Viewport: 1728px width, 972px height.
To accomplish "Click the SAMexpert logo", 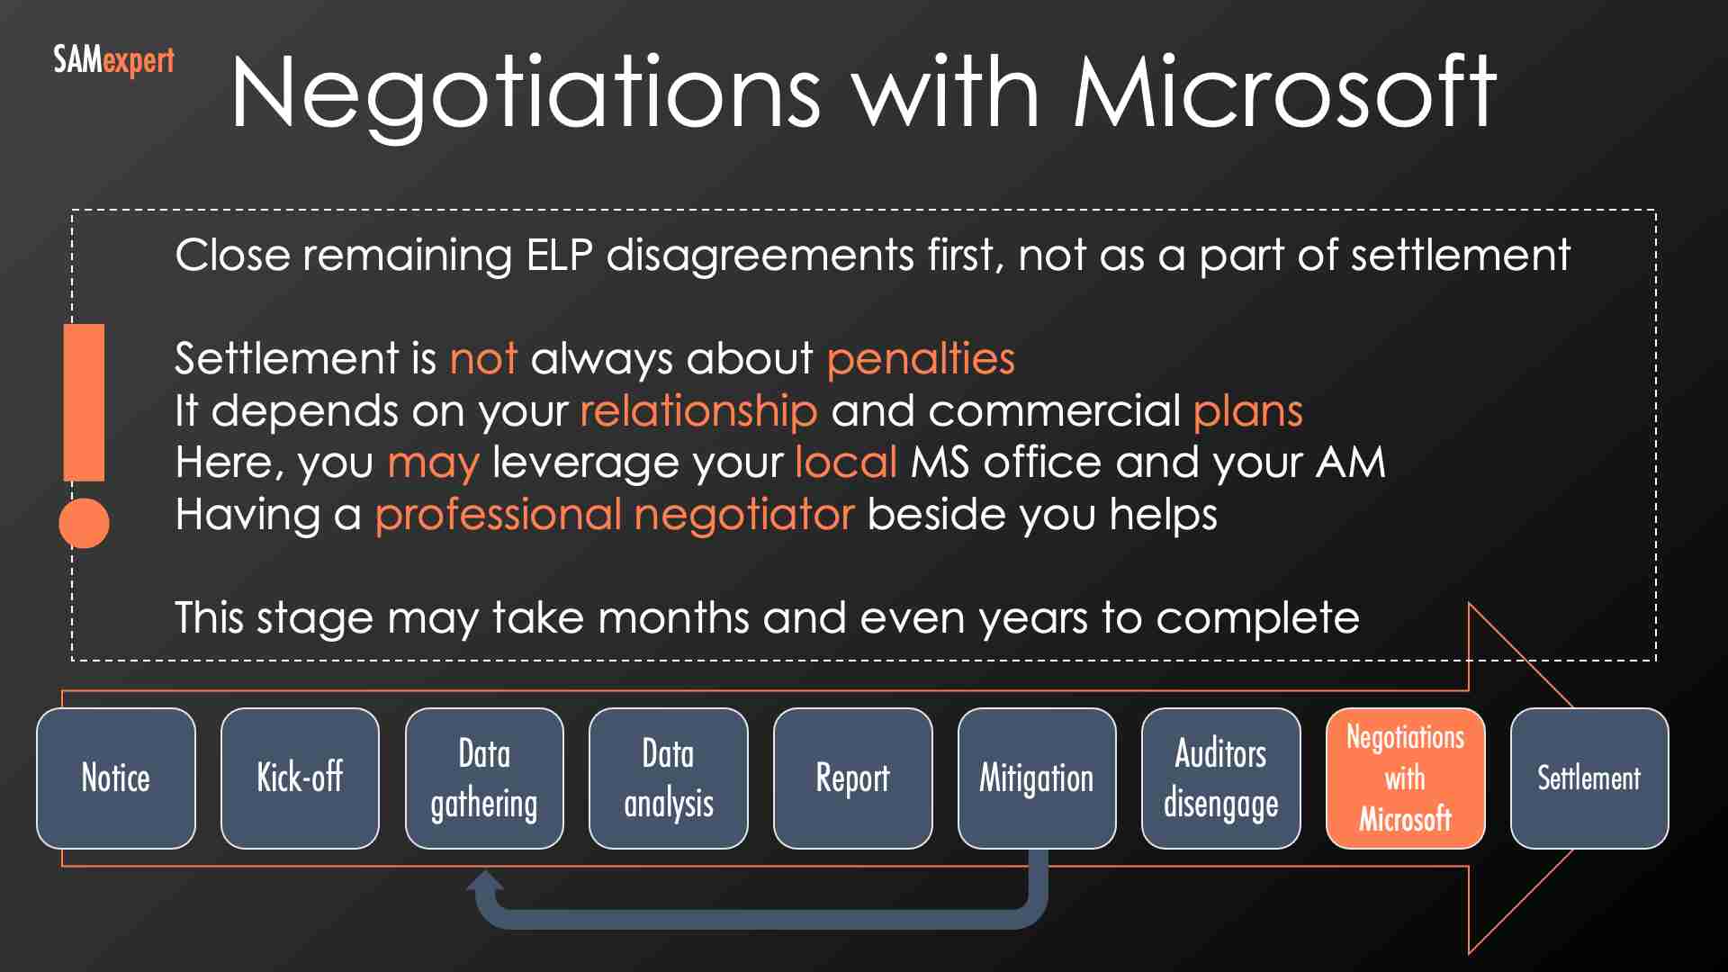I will tap(113, 61).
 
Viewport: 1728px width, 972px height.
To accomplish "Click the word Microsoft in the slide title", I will tap(1284, 92).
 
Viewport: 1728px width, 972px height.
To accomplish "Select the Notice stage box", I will tap(116, 778).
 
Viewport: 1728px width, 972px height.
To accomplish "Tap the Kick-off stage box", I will tap(300, 778).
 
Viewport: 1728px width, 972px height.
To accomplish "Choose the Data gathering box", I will tap(484, 778).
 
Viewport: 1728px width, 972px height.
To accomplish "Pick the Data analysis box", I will tap(669, 778).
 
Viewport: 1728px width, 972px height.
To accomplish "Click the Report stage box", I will tap(852, 778).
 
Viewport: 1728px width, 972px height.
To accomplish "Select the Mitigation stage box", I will tap(1037, 778).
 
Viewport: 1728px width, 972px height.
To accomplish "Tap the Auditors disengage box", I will tap(1220, 778).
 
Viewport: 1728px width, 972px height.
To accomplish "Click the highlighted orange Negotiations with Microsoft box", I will tap(1405, 778).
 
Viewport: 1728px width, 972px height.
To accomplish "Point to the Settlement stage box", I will tap(1589, 778).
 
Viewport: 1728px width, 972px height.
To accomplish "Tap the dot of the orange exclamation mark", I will tap(84, 523).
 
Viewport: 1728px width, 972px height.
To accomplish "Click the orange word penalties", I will tap(921, 358).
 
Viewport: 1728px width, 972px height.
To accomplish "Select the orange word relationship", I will tap(698, 410).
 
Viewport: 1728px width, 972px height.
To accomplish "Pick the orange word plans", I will tap(1247, 410).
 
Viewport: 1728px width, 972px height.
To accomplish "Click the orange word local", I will tap(846, 463).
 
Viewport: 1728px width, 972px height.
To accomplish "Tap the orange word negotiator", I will tap(743, 515).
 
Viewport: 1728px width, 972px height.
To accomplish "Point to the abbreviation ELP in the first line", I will tap(559, 256).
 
